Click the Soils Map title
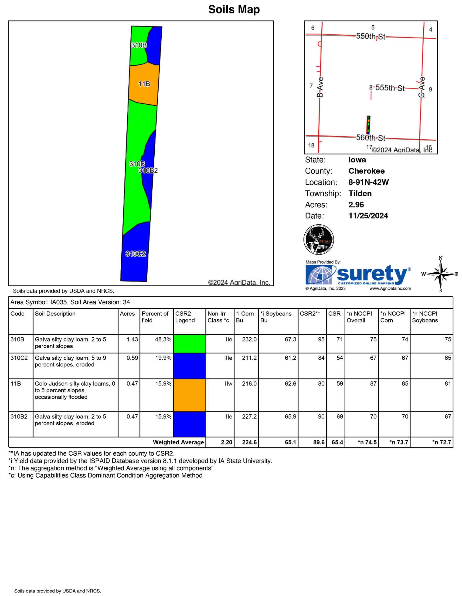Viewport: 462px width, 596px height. pos(234,10)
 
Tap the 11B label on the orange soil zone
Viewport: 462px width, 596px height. pos(144,84)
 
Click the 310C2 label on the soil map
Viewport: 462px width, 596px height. pos(135,254)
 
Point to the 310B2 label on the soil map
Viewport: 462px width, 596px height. pos(148,171)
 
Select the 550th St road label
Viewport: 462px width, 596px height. pos(370,36)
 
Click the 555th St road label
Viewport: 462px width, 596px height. pos(390,88)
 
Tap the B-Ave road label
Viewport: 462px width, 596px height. pos(320,87)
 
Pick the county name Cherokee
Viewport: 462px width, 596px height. pos(366,171)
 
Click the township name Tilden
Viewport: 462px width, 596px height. pos(360,193)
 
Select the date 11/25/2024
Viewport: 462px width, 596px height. pos(368,216)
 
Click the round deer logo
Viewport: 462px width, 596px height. pos(319,240)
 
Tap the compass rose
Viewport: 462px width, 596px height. pos(440,274)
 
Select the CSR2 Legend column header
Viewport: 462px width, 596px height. pos(184,317)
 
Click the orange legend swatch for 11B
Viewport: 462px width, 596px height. pos(189,395)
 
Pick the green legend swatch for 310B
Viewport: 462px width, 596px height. pos(189,344)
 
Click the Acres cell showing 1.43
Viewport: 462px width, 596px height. pos(132,339)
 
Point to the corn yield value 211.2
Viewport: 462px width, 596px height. pos(249,358)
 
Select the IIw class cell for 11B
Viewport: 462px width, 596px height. pos(228,384)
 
